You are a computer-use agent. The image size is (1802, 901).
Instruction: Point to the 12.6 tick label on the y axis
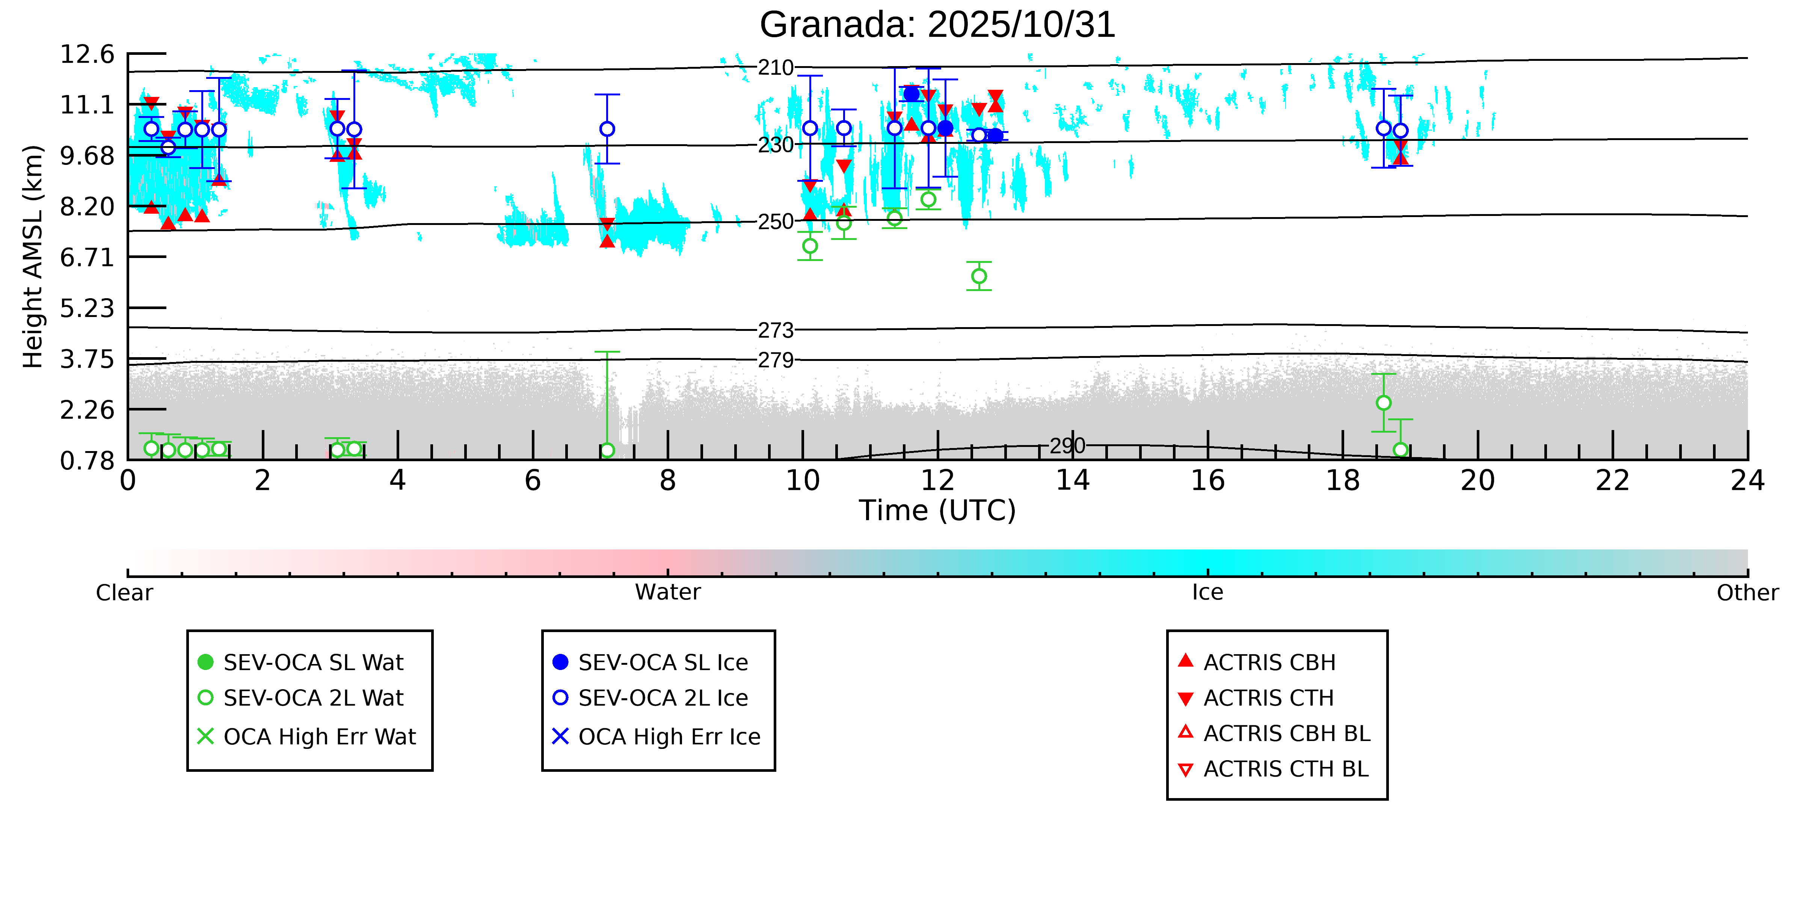click(x=87, y=54)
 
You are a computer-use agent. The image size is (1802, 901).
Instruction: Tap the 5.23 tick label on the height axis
click(x=87, y=308)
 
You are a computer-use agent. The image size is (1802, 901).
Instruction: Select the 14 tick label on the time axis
click(x=1072, y=481)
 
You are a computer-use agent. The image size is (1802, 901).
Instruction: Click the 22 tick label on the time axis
click(x=1612, y=481)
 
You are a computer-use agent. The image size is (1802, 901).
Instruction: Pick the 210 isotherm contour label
click(x=776, y=68)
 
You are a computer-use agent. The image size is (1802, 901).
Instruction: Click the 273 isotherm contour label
click(x=776, y=330)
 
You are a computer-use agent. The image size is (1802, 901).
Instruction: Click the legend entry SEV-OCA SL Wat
click(x=313, y=663)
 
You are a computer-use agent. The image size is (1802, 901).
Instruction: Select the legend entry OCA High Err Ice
click(x=669, y=736)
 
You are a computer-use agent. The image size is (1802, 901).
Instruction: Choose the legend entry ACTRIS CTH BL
click(x=1286, y=769)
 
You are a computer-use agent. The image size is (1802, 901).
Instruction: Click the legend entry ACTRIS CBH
click(x=1269, y=663)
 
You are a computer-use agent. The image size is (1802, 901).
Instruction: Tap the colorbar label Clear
click(x=125, y=593)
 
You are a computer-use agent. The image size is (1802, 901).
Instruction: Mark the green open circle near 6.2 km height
click(x=979, y=276)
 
